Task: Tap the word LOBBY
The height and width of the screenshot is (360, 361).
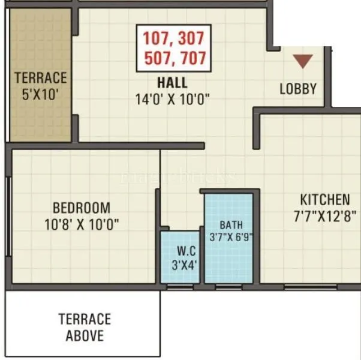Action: click(x=298, y=89)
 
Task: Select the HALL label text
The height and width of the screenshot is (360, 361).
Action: click(x=172, y=82)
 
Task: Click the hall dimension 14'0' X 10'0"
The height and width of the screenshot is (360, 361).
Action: click(x=172, y=98)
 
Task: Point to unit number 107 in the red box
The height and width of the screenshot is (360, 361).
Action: click(x=156, y=39)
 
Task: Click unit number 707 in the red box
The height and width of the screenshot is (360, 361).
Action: click(x=191, y=58)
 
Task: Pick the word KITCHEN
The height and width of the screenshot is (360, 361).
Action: click(x=325, y=199)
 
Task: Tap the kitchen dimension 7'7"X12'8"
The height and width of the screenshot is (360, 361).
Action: click(x=324, y=215)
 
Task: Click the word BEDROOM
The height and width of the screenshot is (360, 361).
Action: click(x=82, y=208)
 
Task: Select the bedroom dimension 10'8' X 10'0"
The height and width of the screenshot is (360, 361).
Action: click(x=82, y=224)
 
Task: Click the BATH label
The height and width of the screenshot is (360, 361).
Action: click(x=230, y=225)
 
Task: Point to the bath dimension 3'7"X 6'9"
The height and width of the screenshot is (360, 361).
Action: click(x=230, y=236)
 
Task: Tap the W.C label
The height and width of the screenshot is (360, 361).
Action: click(x=180, y=251)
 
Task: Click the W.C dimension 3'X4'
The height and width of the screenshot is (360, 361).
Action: click(x=180, y=264)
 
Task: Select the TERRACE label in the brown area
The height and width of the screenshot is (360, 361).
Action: click(x=41, y=78)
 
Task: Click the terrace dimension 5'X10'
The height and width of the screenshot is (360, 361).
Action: click(x=41, y=94)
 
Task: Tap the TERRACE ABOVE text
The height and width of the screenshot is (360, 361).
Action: click(x=85, y=327)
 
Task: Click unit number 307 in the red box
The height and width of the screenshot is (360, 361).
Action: click(x=191, y=39)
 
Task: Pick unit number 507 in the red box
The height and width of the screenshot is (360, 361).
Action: click(x=156, y=58)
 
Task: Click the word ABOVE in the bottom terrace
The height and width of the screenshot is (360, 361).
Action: click(x=85, y=335)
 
